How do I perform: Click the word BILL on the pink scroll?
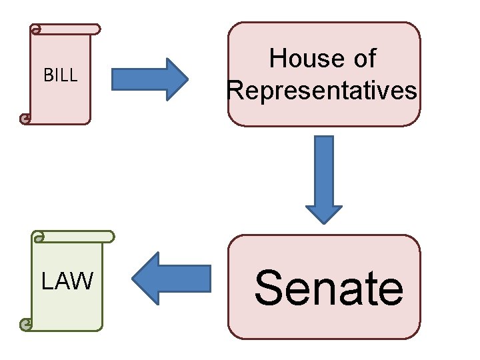point(60,75)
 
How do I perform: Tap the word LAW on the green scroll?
point(67,282)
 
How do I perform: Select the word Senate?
point(329,288)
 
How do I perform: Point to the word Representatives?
point(323,90)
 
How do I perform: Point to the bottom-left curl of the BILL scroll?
point(25,119)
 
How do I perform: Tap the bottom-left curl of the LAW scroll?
point(26,325)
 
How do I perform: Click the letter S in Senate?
point(269,288)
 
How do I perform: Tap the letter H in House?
point(278,59)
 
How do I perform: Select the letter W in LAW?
point(83,282)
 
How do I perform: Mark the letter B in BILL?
point(47,75)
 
